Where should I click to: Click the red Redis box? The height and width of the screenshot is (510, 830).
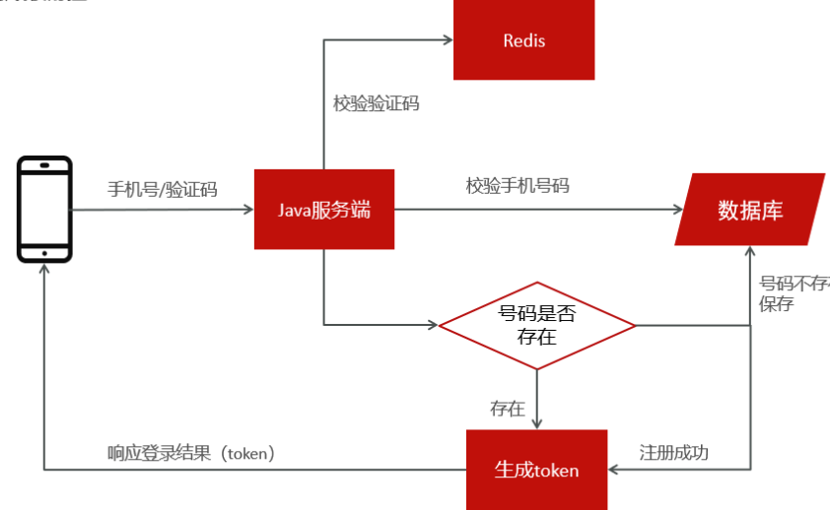(523, 39)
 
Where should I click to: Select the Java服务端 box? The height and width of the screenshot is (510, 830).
(324, 209)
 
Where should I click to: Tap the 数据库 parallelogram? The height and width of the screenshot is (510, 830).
(750, 209)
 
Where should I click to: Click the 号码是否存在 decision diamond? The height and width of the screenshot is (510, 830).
(537, 325)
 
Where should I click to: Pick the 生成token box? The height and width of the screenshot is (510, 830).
(536, 470)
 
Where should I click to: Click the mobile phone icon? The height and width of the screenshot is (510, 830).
(45, 209)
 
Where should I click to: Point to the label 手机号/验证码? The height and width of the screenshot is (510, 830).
(162, 189)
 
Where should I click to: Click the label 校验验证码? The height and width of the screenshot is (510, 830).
(377, 102)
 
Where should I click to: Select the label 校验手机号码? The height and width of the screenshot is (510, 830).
(518, 185)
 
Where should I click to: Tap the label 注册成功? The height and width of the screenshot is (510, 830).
(674, 453)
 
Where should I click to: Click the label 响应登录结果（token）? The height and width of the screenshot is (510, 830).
(191, 453)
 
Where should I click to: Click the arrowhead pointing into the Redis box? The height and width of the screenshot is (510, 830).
(447, 40)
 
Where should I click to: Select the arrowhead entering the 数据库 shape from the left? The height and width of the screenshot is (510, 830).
(677, 209)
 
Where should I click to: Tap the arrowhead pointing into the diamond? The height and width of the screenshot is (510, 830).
(433, 325)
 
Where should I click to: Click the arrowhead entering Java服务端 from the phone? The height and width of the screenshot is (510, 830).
(248, 209)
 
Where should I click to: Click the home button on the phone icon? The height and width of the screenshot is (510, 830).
(45, 252)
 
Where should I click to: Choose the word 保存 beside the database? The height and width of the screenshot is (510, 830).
(776, 303)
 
